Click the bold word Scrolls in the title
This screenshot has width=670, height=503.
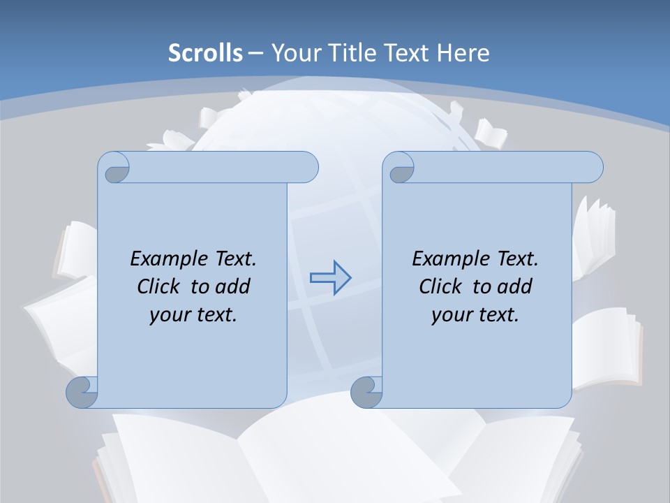[206, 53]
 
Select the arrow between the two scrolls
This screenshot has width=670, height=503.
[330, 278]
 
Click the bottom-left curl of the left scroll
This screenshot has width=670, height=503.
[82, 393]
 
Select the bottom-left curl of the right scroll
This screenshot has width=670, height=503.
[367, 393]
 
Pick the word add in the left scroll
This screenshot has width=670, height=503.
[234, 286]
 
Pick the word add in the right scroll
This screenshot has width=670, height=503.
[516, 286]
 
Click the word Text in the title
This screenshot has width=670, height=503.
[404, 53]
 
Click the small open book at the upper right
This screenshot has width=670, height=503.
[491, 133]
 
